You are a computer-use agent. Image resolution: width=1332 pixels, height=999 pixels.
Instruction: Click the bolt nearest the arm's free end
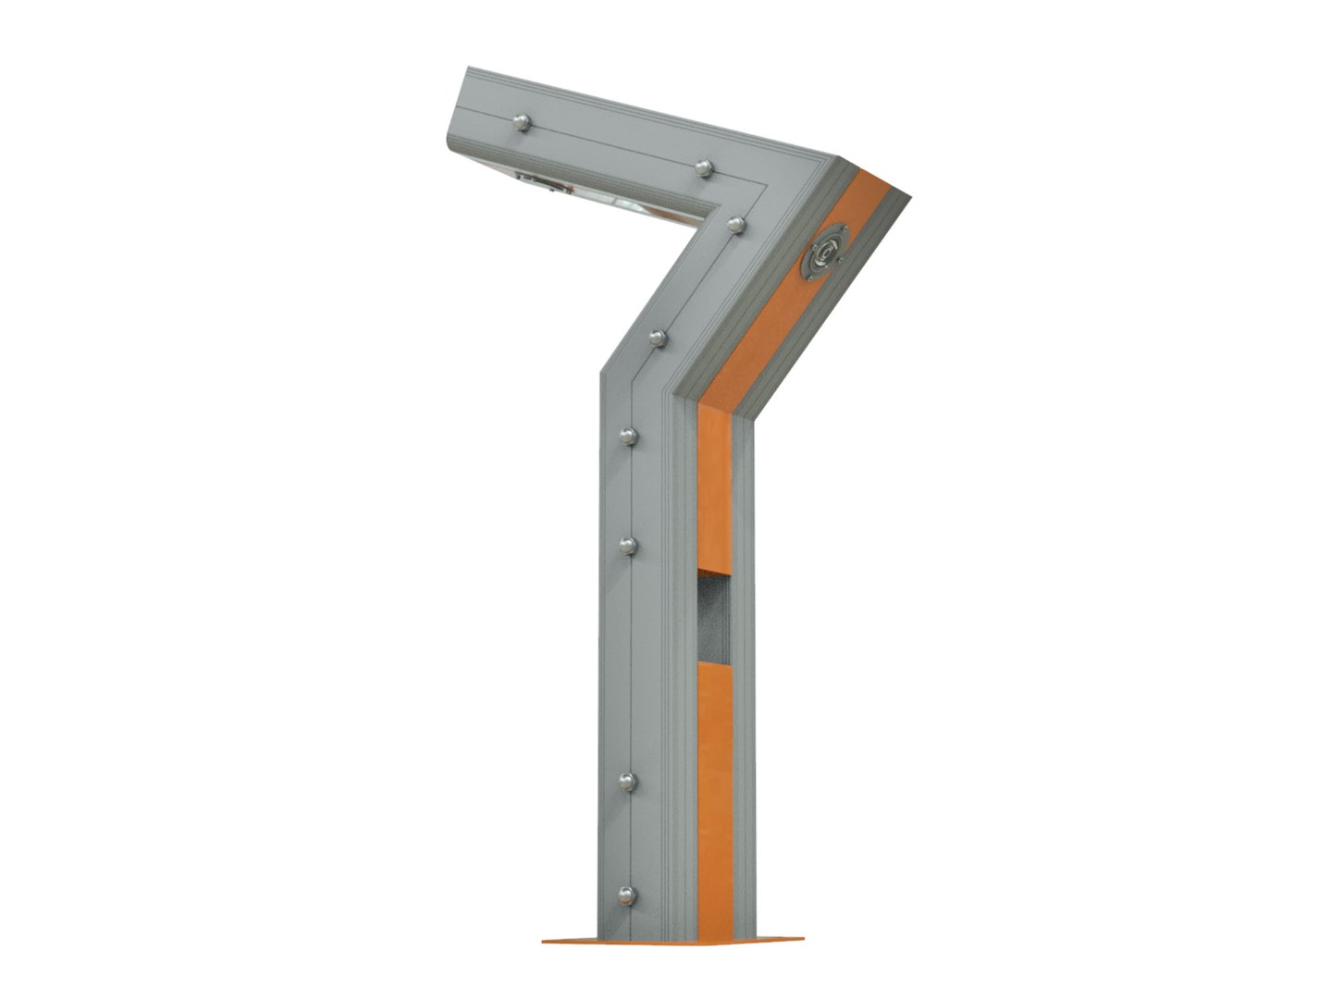point(522,122)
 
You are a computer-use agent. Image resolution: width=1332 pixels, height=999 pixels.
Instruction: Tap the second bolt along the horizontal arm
point(704,167)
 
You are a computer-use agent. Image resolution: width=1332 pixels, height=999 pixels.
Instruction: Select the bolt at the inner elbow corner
point(736,225)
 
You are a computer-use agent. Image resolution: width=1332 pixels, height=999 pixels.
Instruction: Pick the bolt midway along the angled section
point(658,339)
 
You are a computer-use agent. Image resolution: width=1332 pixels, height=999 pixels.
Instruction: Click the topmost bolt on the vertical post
point(629,436)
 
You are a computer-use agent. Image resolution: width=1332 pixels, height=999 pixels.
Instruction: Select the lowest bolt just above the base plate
point(627,895)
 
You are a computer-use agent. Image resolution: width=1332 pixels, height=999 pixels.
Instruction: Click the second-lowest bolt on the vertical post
point(627,783)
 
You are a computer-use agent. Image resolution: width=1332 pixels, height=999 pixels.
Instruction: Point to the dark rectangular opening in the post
point(714,616)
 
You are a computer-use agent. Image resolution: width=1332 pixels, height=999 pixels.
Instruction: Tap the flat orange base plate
point(672,941)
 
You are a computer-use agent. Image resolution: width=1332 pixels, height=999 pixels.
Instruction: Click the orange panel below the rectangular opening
point(716,795)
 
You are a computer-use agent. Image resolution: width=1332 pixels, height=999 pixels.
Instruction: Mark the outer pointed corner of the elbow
point(910,195)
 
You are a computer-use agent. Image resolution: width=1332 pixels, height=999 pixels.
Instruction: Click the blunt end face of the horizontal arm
point(454,116)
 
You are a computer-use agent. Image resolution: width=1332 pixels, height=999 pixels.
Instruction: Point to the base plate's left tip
point(544,941)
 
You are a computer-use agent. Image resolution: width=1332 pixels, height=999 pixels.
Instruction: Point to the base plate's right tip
point(803,940)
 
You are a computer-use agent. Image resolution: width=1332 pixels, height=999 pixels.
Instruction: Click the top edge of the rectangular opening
point(714,571)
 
